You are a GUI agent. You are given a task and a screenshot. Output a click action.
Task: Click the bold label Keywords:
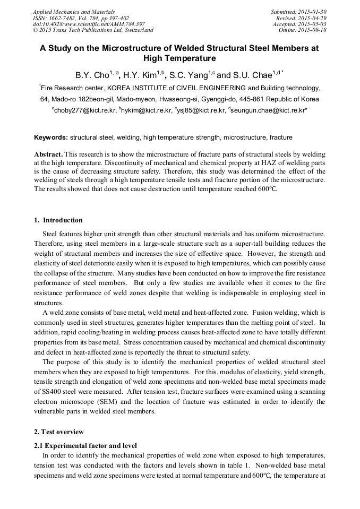tap(51, 137)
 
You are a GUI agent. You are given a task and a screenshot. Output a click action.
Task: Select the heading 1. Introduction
tap(58, 220)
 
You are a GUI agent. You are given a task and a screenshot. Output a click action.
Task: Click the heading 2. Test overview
tap(59, 432)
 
